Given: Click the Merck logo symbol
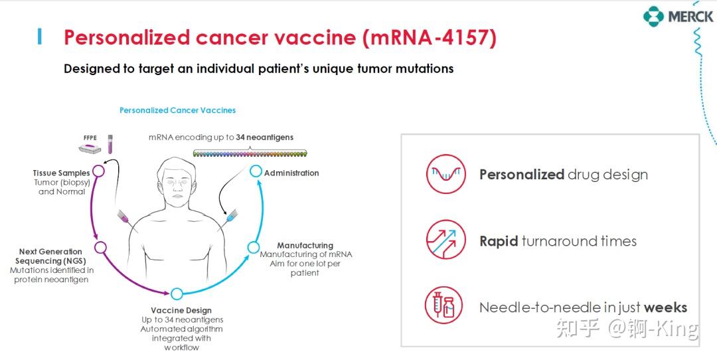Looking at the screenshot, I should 653,16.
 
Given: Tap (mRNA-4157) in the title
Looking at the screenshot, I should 430,37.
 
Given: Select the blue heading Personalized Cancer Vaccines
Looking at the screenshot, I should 177,110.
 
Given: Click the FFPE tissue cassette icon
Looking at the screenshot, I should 89,150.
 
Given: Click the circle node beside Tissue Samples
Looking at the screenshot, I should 98,171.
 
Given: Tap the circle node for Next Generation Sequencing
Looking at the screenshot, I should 100,248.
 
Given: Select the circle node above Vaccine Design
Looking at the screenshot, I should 177,294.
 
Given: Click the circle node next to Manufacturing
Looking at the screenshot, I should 253,248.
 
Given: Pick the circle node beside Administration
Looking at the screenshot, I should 256,171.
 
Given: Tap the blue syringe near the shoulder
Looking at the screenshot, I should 229,217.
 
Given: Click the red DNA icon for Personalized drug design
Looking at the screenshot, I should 445,175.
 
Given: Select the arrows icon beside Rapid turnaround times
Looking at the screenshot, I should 445,240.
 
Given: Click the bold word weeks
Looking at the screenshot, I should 665,308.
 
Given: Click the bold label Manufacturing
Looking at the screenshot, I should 305,245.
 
